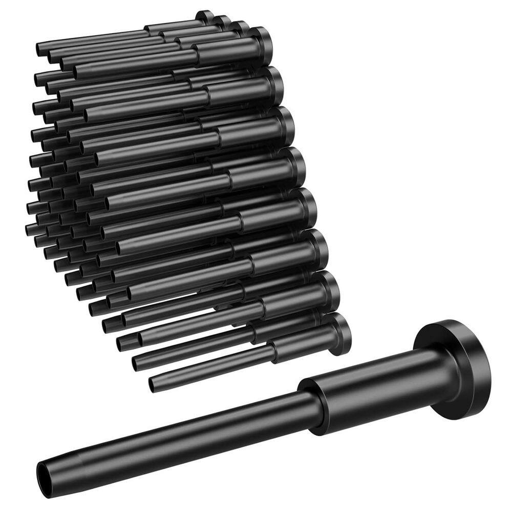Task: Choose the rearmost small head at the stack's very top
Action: pos(205,16)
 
